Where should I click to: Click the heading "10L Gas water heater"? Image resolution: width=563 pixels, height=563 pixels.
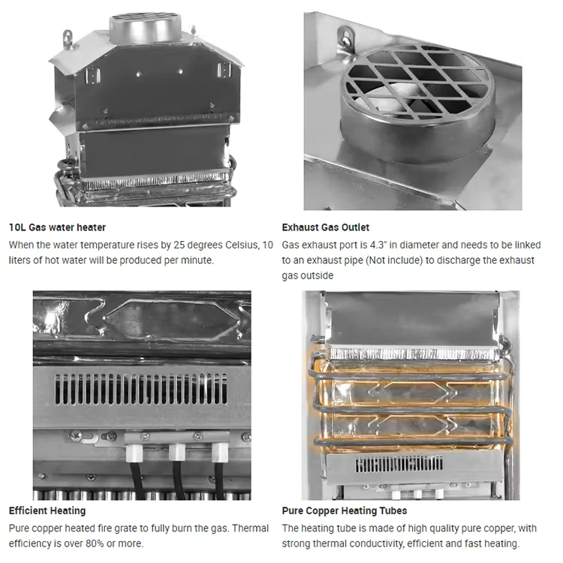(57, 227)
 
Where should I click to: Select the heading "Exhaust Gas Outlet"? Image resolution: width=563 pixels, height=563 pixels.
(325, 227)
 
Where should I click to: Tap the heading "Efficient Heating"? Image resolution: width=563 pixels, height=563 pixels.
(47, 510)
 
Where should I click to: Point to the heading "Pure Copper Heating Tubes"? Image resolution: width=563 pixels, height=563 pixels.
(345, 510)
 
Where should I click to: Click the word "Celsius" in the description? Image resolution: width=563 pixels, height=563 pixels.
(242, 245)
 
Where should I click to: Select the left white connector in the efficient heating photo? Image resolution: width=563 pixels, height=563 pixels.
(134, 453)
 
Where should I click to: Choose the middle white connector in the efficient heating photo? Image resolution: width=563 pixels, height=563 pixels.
(177, 453)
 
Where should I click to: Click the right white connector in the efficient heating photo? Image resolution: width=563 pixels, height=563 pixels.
(220, 453)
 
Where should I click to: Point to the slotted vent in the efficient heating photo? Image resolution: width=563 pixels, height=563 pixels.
(141, 389)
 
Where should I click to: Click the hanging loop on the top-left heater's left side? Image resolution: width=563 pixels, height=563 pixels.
(68, 38)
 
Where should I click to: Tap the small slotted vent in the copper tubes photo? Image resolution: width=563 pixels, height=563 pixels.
(399, 464)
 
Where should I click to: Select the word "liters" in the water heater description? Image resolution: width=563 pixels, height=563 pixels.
(20, 260)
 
